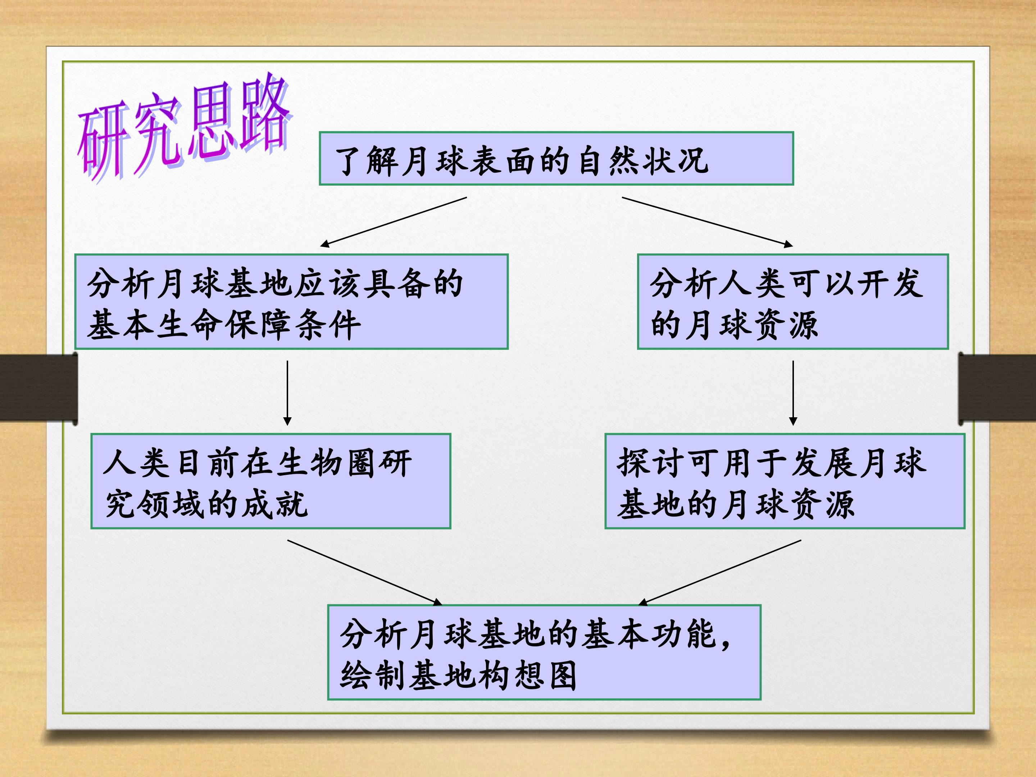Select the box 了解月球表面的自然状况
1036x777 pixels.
pos(556,159)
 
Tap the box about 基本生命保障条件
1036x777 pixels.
pos(291,301)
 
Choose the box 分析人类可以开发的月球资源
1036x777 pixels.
pos(793,301)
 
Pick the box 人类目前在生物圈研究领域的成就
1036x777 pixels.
pos(271,481)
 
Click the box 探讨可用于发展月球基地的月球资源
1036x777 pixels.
pos(785,481)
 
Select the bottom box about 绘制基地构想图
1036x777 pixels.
pos(544,653)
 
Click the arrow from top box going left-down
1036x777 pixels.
pos(394,222)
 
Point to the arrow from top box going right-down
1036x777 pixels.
pos(707,222)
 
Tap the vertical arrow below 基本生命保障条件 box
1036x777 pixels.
pos(287,393)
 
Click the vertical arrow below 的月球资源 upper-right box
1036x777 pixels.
pos(793,393)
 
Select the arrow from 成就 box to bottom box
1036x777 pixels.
pos(364,572)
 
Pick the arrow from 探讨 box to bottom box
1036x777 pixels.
pos(720,572)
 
